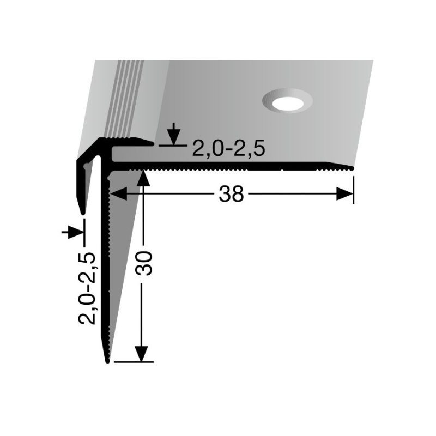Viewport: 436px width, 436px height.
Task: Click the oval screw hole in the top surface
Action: (x=287, y=101)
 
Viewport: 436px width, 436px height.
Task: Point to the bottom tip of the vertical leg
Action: (x=107, y=361)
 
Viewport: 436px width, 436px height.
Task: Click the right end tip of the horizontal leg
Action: (x=354, y=167)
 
